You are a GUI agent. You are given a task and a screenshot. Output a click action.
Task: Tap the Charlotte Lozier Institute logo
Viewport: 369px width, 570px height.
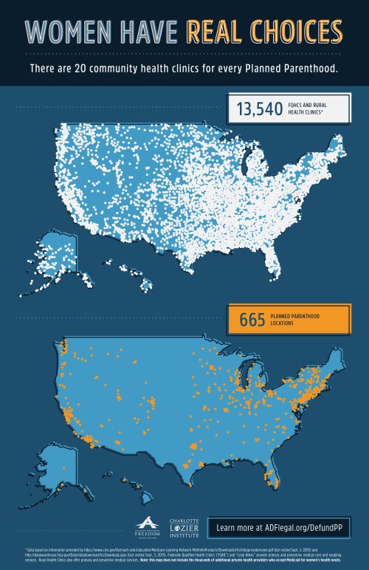tap(183, 526)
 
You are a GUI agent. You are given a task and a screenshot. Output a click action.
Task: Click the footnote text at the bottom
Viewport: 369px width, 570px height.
tap(184, 554)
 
